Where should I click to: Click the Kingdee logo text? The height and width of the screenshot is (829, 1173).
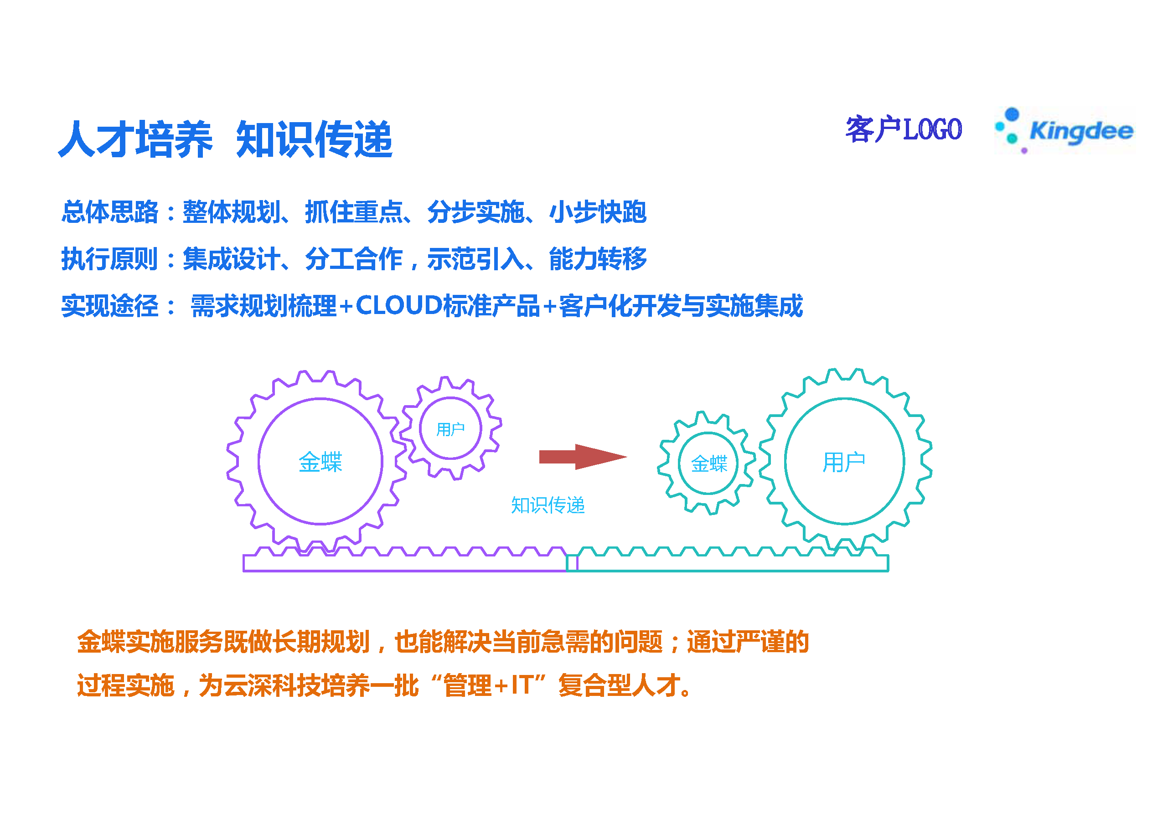coord(1081,131)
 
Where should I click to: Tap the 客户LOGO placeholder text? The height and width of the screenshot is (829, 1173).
coord(904,129)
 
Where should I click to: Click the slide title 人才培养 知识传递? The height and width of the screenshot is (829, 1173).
coord(225,139)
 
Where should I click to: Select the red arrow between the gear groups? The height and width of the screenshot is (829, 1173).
coord(583,457)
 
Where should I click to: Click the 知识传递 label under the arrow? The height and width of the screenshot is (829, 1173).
coord(548,505)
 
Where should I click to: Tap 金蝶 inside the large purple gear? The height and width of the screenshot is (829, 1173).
coord(320,462)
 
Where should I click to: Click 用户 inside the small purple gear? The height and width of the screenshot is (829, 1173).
coord(450,429)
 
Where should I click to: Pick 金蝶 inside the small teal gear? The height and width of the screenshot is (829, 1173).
coord(708,463)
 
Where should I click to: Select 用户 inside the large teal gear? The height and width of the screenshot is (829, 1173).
coord(844,462)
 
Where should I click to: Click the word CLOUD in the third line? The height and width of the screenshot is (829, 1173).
coord(398,305)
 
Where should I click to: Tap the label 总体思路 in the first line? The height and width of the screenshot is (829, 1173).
coord(110,211)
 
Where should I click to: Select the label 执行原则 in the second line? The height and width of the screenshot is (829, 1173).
coord(110,258)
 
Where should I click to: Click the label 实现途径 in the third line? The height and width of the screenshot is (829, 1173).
coord(110,305)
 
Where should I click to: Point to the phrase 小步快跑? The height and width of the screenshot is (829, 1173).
coord(598,211)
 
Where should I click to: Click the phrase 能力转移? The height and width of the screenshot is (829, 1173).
coord(598,258)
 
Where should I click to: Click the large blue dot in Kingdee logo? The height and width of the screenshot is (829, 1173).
coord(1012,114)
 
